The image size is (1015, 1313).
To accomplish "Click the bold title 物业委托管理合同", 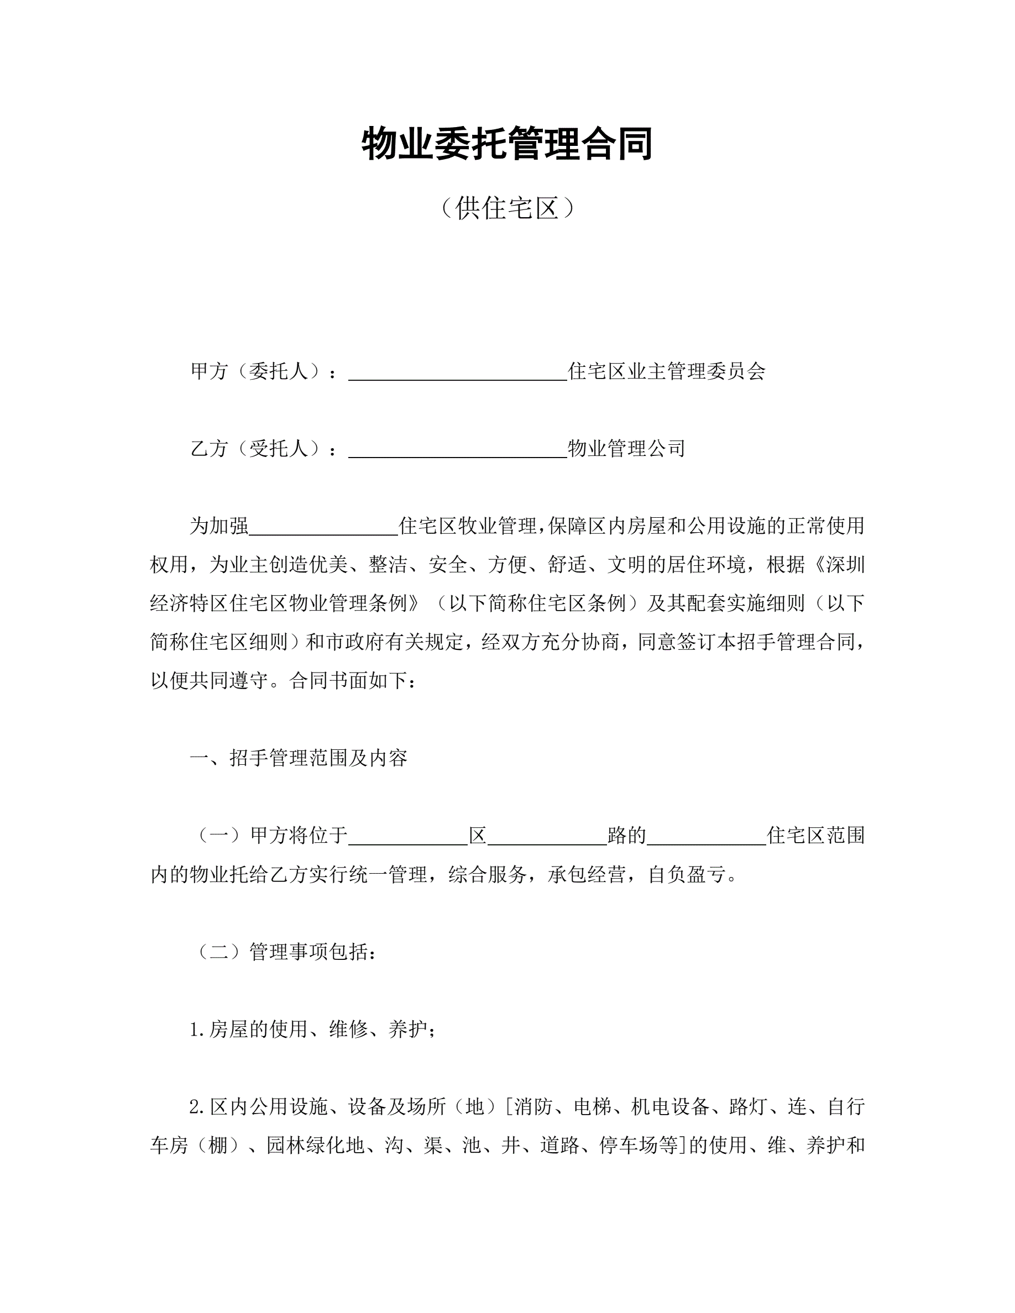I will (x=507, y=144).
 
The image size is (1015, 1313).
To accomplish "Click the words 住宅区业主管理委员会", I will (x=667, y=371).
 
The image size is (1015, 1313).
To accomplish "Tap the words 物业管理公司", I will (x=626, y=449).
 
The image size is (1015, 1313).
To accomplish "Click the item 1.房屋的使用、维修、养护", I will (x=313, y=1030).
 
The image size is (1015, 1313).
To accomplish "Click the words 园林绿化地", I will (x=316, y=1145).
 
